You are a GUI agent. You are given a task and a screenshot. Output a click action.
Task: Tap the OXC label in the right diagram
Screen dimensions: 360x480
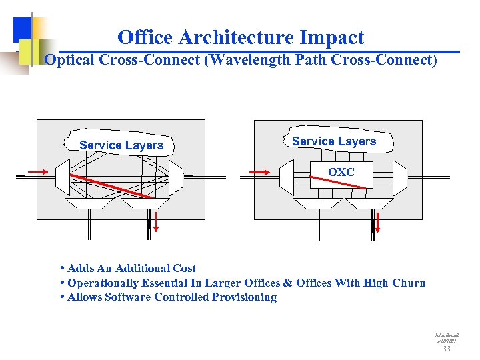pyautogui.click(x=341, y=172)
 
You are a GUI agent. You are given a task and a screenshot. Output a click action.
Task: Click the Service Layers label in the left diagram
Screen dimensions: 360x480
pyautogui.click(x=121, y=145)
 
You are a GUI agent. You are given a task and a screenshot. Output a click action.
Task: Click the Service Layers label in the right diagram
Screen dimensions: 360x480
pyautogui.click(x=334, y=141)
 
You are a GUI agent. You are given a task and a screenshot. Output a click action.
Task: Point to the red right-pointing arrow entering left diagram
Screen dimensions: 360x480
pyautogui.click(x=38, y=172)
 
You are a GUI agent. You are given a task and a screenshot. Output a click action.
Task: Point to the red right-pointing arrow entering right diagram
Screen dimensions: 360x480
pyautogui.click(x=259, y=172)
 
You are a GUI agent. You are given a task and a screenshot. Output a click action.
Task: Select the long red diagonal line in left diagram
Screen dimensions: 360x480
pyautogui.click(x=111, y=185)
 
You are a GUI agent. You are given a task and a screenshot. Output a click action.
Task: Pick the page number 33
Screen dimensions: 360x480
pyautogui.click(x=447, y=348)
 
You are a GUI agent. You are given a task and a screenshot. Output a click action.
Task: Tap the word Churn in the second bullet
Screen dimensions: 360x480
pyautogui.click(x=408, y=283)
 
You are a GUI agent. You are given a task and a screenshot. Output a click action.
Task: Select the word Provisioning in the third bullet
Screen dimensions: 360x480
pyautogui.click(x=244, y=297)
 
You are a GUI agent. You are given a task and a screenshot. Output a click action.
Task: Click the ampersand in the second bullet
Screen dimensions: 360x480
pyautogui.click(x=287, y=283)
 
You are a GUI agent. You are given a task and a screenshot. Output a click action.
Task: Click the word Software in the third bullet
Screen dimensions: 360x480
pyautogui.click(x=128, y=297)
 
